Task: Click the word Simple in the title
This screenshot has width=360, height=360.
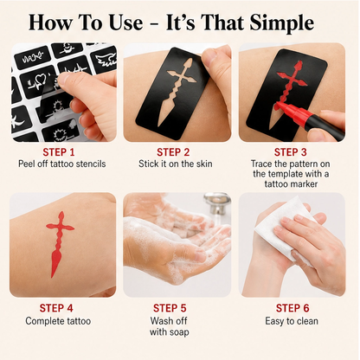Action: click(281, 23)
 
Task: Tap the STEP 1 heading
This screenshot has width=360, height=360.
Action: click(59, 152)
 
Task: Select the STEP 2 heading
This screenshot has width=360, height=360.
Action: click(173, 152)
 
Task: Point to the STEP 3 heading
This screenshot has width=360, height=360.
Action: click(291, 152)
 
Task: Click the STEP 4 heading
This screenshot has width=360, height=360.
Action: click(56, 308)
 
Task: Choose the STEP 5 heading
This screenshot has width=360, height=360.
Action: click(170, 308)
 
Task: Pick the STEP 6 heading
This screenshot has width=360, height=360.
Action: click(292, 308)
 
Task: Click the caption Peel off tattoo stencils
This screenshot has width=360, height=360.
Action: click(62, 164)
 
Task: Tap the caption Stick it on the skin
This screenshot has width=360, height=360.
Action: click(176, 164)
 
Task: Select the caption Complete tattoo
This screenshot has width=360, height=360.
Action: click(58, 321)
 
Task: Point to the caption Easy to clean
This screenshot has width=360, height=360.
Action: click(292, 321)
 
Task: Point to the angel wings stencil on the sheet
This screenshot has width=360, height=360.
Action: click(106, 60)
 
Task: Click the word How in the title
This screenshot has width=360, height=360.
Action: click(50, 23)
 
